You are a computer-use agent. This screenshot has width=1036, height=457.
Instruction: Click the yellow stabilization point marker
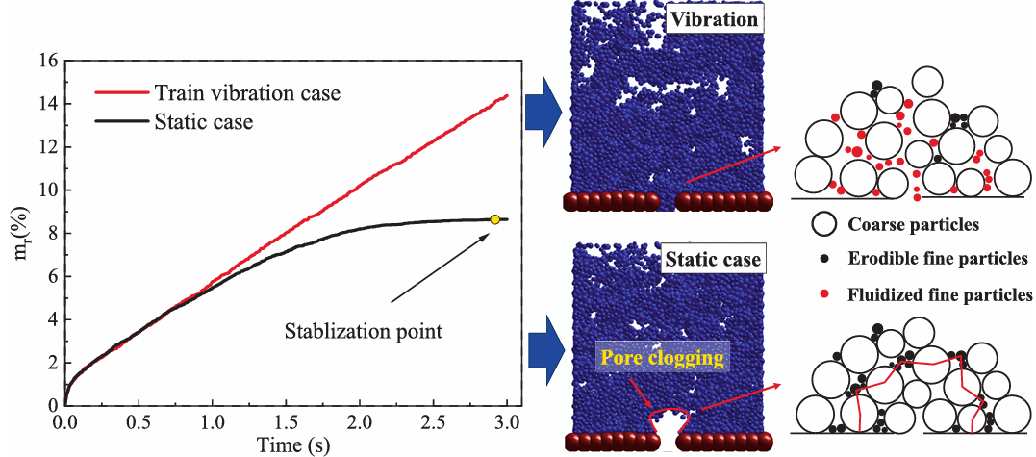tap(494, 219)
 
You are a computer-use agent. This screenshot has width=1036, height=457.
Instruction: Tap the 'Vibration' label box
tap(716, 20)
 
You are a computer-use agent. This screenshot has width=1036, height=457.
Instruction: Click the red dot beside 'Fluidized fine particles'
tap(823, 293)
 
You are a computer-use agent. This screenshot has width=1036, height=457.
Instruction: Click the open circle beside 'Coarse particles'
tap(823, 224)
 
